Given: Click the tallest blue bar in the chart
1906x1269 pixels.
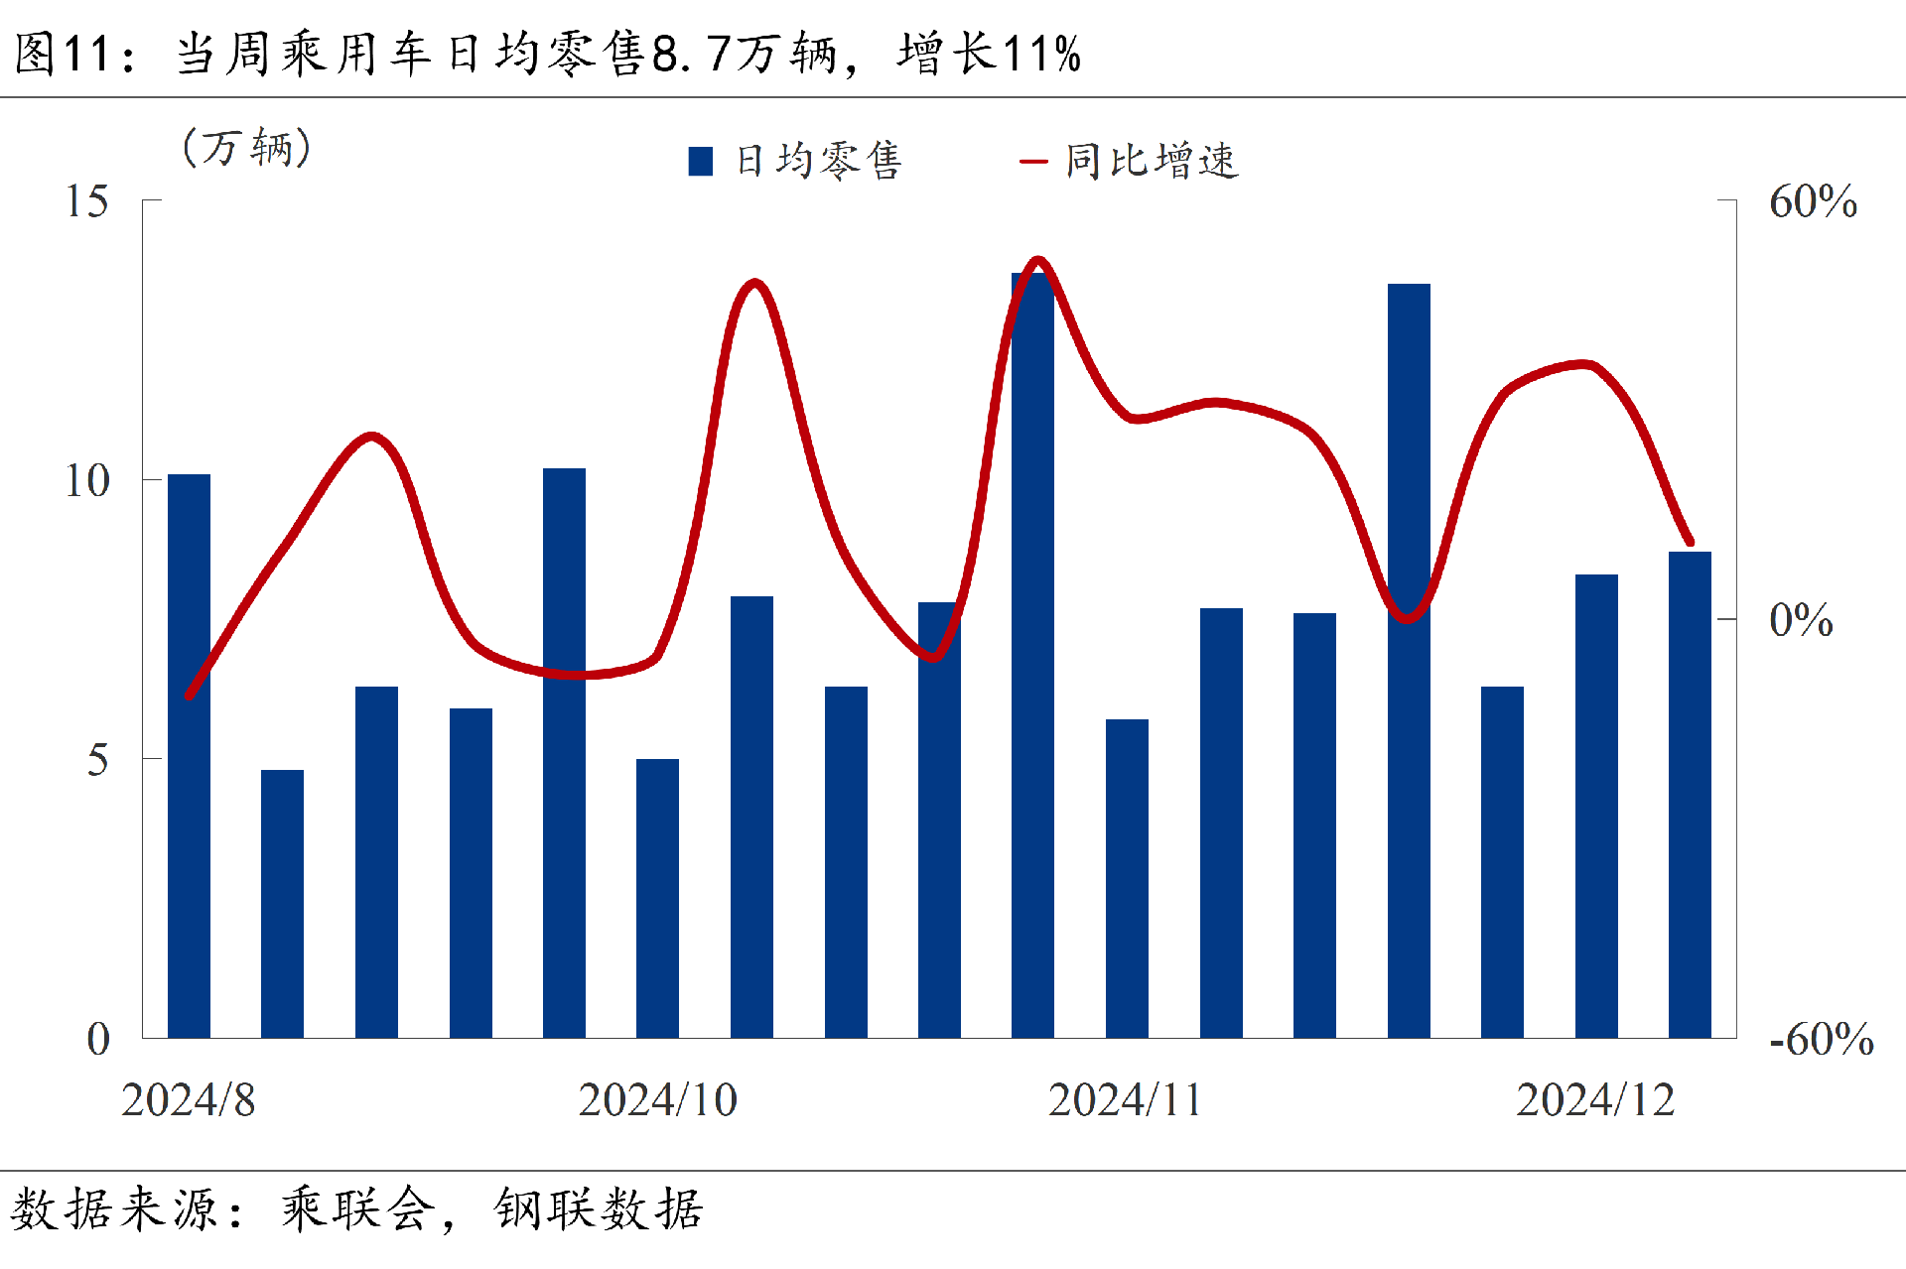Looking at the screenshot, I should [1032, 655].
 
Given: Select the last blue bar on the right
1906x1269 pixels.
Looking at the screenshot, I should [1690, 794].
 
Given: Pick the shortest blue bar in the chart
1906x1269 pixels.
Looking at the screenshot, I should [282, 903].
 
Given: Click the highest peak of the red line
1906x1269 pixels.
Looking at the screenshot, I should [1038, 261].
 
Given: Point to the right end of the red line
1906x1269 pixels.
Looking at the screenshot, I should [1691, 543].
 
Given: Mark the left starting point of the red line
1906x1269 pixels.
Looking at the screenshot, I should [189, 696].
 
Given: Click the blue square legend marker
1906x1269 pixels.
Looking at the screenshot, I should [701, 162].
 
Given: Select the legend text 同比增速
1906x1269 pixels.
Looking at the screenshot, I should [1152, 161].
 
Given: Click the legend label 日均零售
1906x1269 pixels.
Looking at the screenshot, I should [818, 161].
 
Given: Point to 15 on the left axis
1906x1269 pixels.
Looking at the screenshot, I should [87, 201].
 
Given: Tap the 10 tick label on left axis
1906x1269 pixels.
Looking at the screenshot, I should [87, 481].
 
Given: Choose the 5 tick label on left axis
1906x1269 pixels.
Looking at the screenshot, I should [97, 760].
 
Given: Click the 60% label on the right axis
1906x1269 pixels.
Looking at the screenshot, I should [1813, 201].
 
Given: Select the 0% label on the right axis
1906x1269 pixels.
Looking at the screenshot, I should [1801, 620].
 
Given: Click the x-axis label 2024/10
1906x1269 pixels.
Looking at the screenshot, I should [657, 1099].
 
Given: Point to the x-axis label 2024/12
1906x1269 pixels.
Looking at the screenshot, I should [1595, 1099].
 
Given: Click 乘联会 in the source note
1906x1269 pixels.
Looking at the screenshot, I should [357, 1209].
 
